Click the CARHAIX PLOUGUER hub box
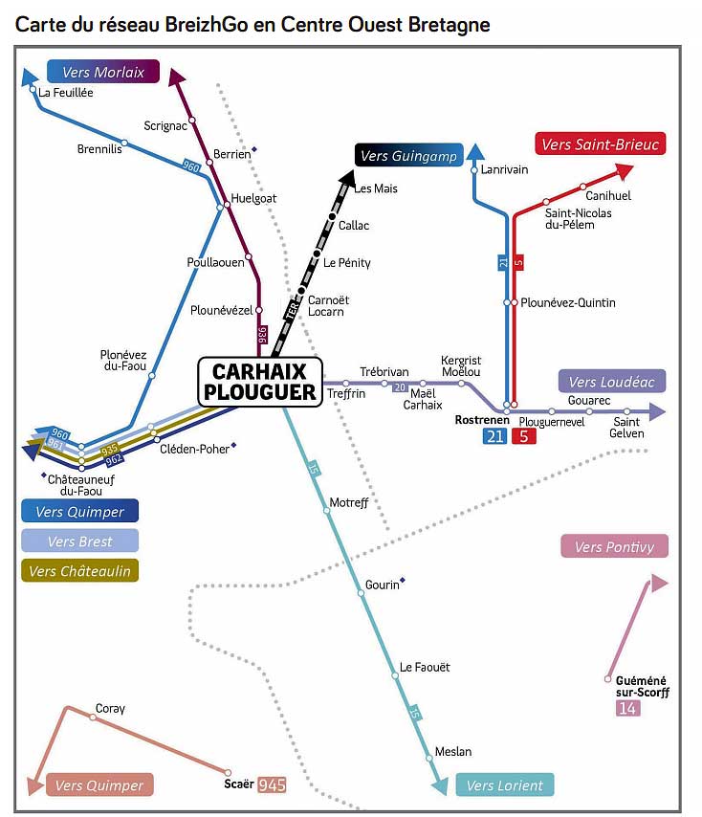point(258,382)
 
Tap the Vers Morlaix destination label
point(102,72)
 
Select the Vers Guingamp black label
point(408,156)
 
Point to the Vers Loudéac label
point(611,382)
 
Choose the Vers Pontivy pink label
point(614,546)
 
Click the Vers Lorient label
point(505,785)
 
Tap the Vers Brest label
point(80,541)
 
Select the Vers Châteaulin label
point(80,570)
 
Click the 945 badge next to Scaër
point(272,785)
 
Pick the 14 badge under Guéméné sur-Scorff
point(628,709)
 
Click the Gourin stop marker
point(361,594)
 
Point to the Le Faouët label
point(425,667)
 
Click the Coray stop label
point(110,709)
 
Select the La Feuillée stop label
point(66,92)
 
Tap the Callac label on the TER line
point(354,226)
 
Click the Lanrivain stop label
point(504,169)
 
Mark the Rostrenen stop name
point(482,420)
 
